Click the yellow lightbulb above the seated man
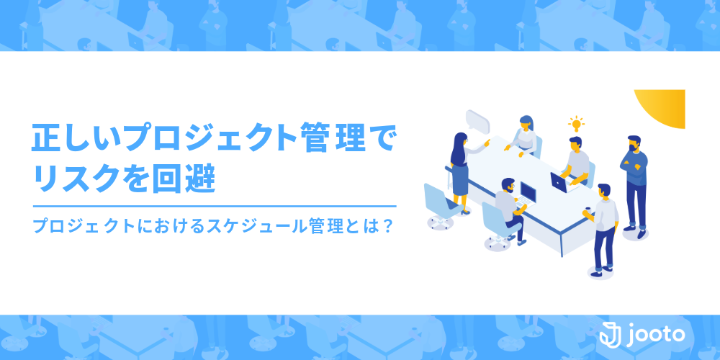point(576,124)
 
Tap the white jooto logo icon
point(611,333)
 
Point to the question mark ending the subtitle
point(387,225)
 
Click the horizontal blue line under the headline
point(215,206)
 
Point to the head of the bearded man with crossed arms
point(634,144)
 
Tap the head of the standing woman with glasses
point(460,140)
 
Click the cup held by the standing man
point(588,211)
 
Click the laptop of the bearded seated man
point(527,193)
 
